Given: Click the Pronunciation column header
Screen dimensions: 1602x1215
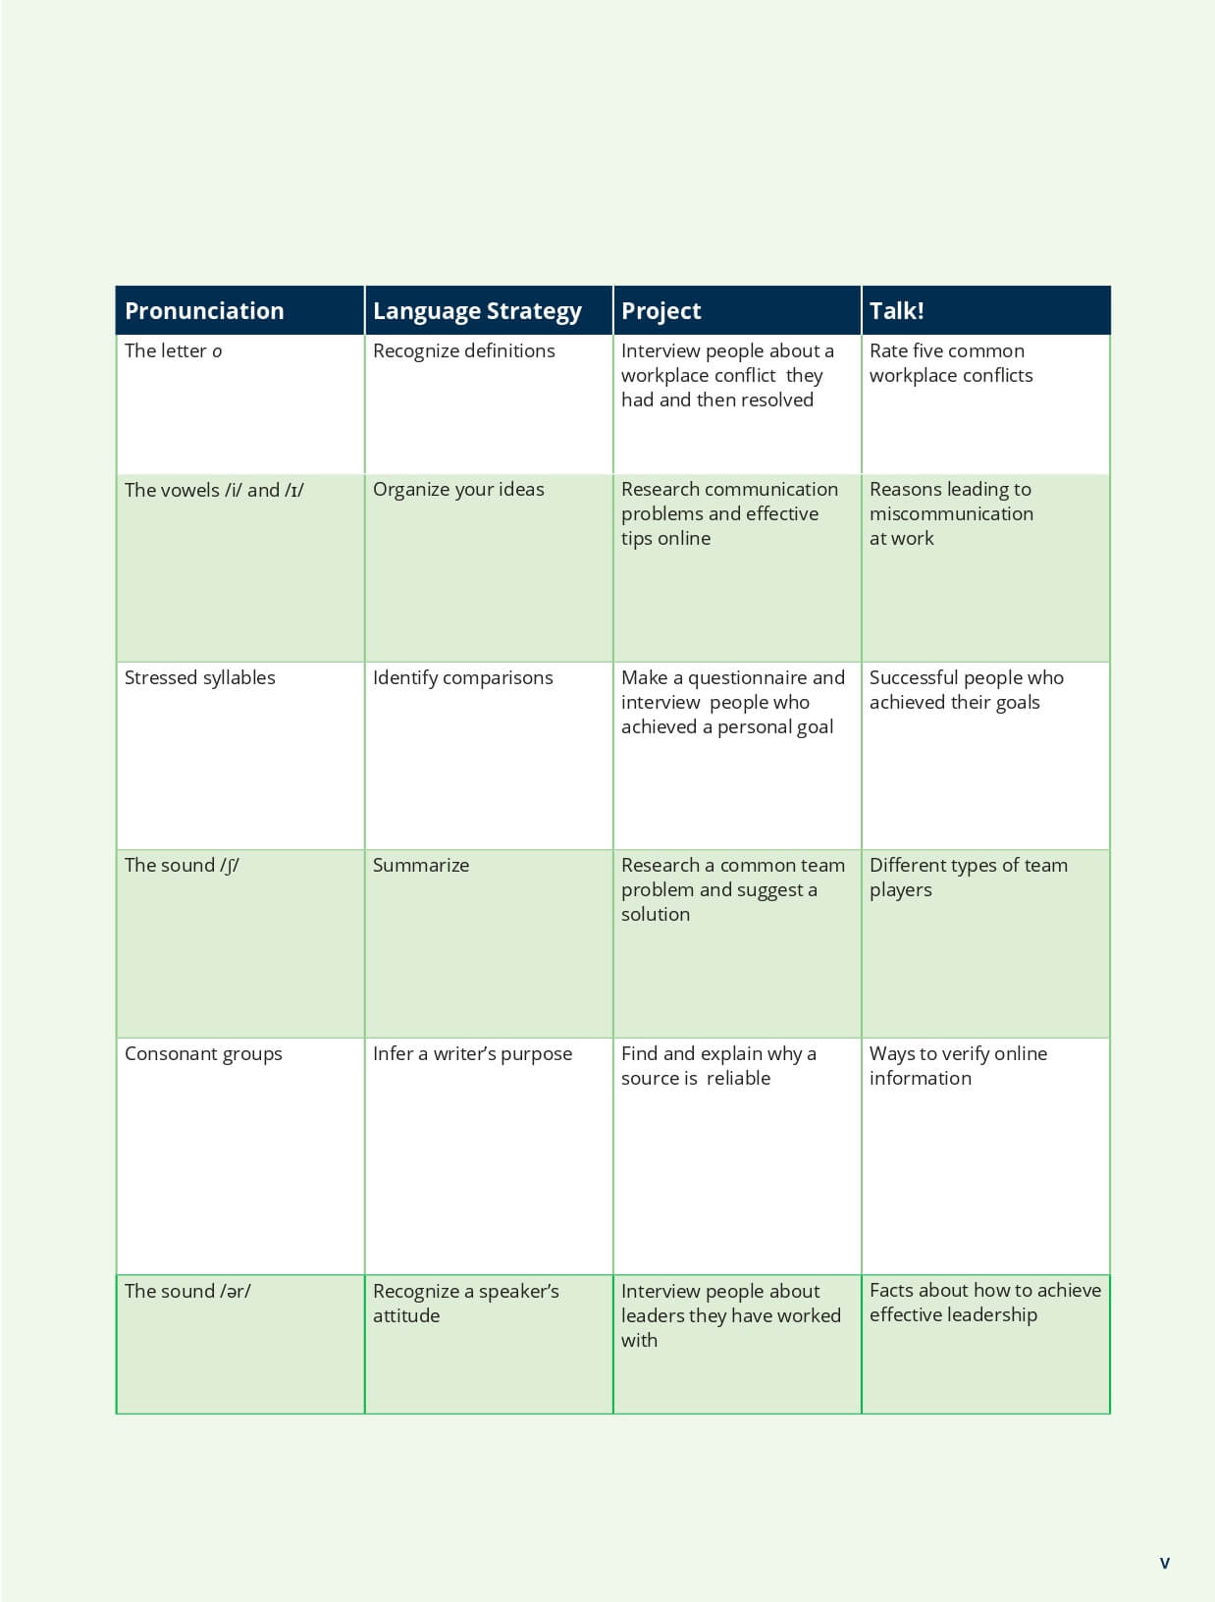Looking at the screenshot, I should coord(204,311).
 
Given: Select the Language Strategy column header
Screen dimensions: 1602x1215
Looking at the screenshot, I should coord(477,311).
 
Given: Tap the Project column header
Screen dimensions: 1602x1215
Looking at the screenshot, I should coord(660,311).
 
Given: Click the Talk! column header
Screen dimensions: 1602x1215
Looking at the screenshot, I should coord(896,311).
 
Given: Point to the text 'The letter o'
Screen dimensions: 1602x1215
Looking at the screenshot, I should coord(173,351).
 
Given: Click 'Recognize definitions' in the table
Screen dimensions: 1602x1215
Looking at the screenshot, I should coord(463,351).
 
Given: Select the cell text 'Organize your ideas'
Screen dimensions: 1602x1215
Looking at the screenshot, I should coord(458,490).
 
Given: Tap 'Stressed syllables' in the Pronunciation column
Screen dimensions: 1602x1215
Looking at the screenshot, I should coord(199,678).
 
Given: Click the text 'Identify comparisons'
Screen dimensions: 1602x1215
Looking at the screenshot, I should coord(462,678).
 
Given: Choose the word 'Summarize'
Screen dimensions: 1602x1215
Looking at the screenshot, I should coord(420,866).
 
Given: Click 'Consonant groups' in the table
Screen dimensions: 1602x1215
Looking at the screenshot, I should coord(203,1054).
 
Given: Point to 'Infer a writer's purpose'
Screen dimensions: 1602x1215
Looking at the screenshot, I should coord(472,1054).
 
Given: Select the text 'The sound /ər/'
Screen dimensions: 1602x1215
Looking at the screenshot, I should coord(186,1292).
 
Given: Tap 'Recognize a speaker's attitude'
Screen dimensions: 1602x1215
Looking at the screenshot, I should coord(465,1304).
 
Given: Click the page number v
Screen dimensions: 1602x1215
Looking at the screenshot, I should coord(1164,1563).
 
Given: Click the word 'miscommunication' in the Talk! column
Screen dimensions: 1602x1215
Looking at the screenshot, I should coord(951,514).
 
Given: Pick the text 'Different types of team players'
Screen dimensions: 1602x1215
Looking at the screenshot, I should coord(968,878).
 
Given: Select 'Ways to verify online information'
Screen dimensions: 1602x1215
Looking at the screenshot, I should coord(958,1066).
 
